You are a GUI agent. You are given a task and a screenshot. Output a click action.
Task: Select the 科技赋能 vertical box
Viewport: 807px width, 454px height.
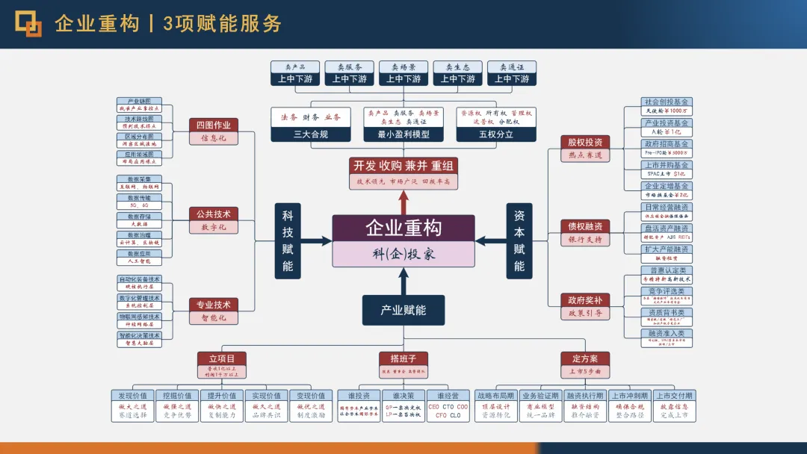[x=288, y=239]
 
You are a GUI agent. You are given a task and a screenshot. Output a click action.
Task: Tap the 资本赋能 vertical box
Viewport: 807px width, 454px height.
[x=519, y=239]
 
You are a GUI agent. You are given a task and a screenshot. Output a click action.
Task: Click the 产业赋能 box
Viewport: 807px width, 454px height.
[x=403, y=309]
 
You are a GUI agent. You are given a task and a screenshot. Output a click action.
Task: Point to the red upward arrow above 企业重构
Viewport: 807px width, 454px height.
[x=403, y=202]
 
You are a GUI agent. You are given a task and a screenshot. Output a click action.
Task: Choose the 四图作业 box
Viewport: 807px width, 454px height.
[x=213, y=125]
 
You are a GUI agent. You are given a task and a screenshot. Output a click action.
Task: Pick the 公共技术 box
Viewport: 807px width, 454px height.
[x=213, y=214]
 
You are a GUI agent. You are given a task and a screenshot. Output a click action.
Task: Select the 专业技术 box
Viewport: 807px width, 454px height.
[x=213, y=305]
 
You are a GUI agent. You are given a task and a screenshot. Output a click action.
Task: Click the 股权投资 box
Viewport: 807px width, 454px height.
[x=584, y=142]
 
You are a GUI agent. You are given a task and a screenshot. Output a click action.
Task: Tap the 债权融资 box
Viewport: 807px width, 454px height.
[x=584, y=226]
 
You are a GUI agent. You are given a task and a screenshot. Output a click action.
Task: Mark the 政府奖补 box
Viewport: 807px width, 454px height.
[x=584, y=300]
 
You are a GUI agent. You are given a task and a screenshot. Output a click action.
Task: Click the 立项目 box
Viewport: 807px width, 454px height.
[x=221, y=358]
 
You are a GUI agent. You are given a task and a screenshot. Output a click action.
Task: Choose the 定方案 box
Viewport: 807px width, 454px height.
[x=584, y=358]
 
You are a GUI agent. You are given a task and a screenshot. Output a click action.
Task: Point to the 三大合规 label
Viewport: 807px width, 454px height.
[x=310, y=135]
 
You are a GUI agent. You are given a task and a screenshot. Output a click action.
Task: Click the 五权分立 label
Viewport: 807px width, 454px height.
[x=496, y=135]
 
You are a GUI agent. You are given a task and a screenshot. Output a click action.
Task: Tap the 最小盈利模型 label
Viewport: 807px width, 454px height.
[x=403, y=135]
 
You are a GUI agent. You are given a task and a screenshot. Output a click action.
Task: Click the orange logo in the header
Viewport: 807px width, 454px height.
[x=29, y=24]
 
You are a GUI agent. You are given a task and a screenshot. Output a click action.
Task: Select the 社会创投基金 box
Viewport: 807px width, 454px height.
[x=667, y=102]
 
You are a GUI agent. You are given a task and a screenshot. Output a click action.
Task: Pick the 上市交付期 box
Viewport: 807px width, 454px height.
[x=673, y=396]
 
